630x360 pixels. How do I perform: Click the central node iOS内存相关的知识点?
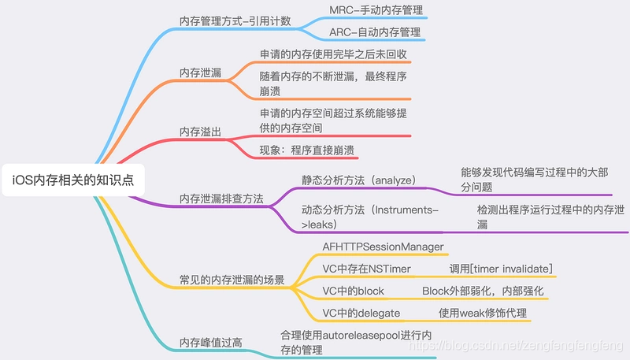[x=73, y=180]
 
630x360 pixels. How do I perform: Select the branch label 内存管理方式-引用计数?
[x=235, y=21]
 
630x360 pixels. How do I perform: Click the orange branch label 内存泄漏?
[x=200, y=72]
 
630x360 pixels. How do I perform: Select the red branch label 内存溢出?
[x=200, y=131]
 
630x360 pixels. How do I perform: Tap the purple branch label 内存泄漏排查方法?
[x=221, y=198]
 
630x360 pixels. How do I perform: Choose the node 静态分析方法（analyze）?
[x=358, y=180]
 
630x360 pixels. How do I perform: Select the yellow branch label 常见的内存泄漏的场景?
[x=232, y=280]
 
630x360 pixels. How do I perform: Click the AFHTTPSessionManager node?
[x=384, y=247]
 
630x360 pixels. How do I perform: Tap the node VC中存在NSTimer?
[x=367, y=269]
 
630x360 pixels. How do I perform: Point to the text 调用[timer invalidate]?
[x=501, y=269]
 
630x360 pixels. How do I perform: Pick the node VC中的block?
[x=353, y=291]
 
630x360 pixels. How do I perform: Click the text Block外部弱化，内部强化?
[x=483, y=291]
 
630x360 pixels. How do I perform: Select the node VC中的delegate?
[x=361, y=313]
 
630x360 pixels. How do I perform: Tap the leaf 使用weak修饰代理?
[x=483, y=313]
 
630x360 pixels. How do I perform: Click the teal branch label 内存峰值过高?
[x=211, y=342]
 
